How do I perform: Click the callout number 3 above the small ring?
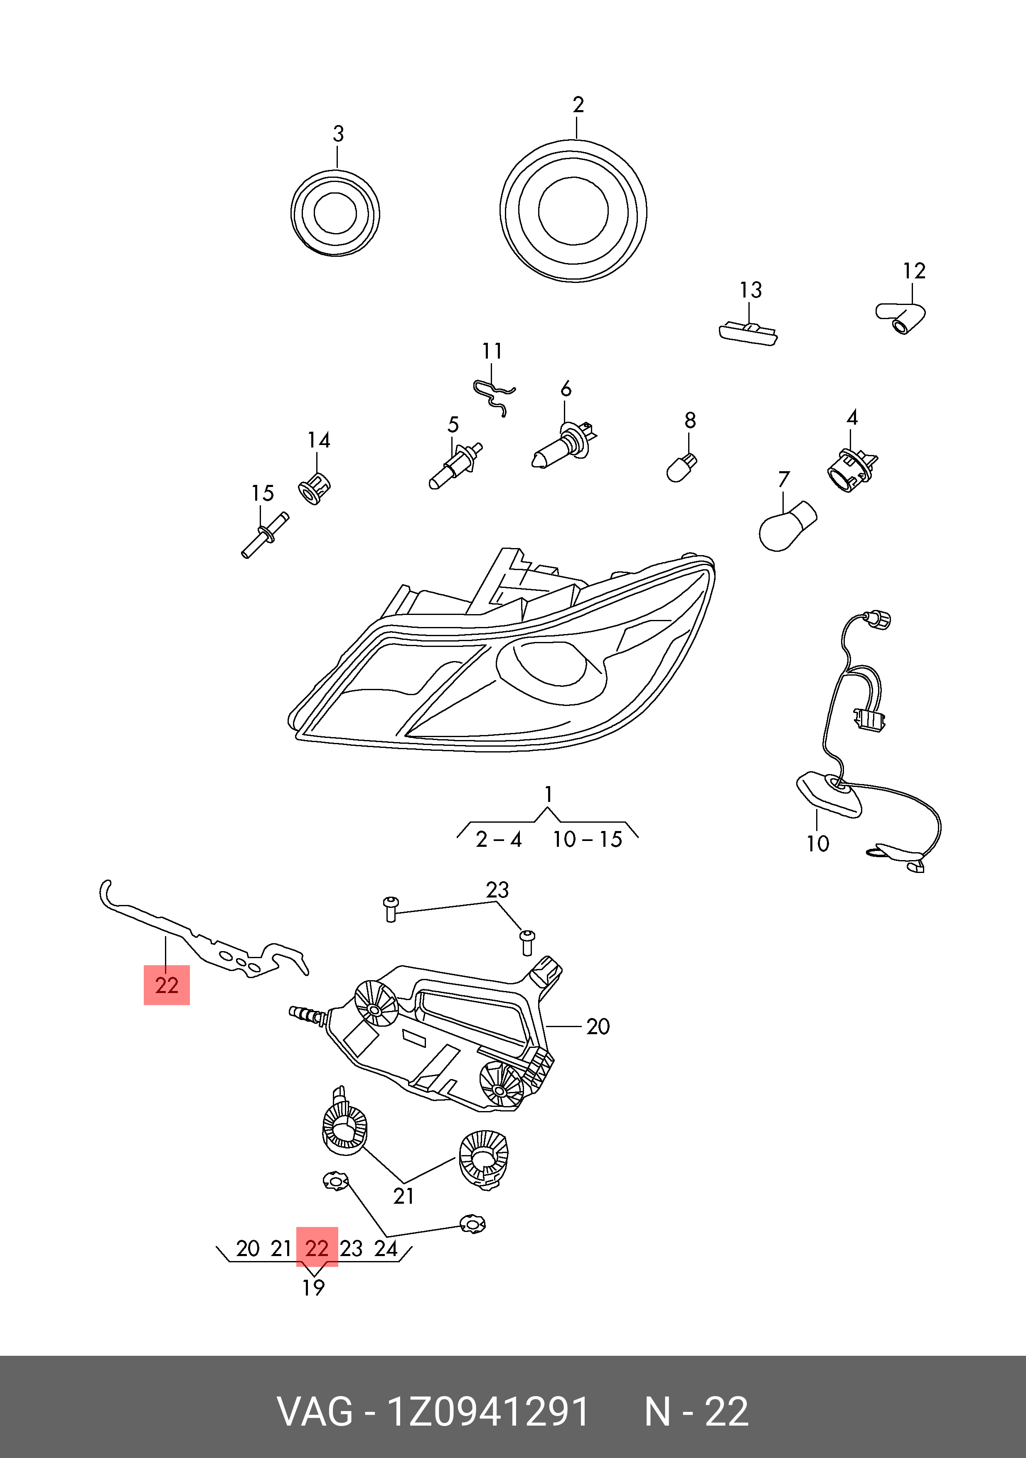[338, 134]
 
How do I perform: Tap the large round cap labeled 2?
[573, 211]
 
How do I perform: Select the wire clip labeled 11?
[494, 395]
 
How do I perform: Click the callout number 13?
[750, 290]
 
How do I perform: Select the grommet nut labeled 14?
[314, 488]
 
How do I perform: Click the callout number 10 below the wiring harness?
[818, 843]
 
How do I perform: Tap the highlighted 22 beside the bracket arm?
[166, 985]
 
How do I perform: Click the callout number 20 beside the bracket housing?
[598, 1026]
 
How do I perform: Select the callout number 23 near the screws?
[497, 890]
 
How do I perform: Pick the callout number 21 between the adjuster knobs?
[404, 1196]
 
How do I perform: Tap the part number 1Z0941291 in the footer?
[488, 1411]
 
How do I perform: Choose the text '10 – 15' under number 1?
[587, 839]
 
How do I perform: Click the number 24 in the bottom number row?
[385, 1249]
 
